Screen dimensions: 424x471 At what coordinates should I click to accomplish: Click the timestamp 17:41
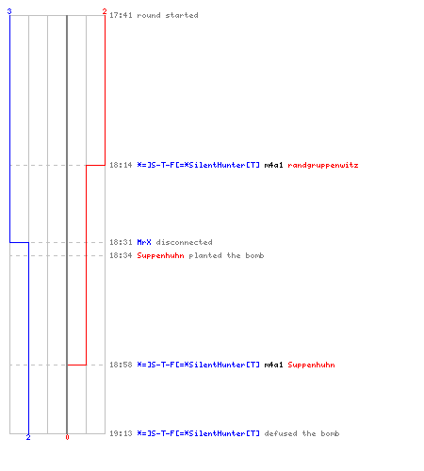pos(121,15)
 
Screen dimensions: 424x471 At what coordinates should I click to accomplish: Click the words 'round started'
pos(168,15)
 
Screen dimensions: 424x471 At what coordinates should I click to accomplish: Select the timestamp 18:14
pos(121,165)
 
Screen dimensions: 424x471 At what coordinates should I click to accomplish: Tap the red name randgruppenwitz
pos(323,165)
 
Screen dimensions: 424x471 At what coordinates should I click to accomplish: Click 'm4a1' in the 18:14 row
pos(273,165)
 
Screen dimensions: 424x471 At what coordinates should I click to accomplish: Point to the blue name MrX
pos(144,242)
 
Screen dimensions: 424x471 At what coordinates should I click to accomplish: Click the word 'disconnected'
pos(184,242)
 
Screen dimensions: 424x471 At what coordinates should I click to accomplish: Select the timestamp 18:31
pos(121,242)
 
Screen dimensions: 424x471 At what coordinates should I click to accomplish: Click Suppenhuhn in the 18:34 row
pos(160,255)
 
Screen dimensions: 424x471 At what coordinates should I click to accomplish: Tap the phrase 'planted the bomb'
pos(226,255)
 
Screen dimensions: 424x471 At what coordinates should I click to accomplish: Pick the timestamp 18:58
pos(121,365)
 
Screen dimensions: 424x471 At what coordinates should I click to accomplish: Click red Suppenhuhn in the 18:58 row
pos(311,365)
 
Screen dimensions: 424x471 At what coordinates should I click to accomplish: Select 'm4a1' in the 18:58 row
pos(273,365)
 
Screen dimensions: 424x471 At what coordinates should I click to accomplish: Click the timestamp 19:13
pos(121,433)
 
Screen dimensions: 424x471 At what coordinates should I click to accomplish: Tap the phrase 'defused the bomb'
pos(302,433)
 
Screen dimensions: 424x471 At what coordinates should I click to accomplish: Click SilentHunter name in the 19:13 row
pos(198,433)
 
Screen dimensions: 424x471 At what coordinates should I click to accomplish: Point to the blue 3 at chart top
pos(9,11)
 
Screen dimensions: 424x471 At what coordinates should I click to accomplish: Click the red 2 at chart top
pos(105,11)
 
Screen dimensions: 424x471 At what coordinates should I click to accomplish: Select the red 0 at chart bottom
pos(67,437)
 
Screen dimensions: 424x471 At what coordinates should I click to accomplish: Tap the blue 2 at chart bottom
pos(28,437)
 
